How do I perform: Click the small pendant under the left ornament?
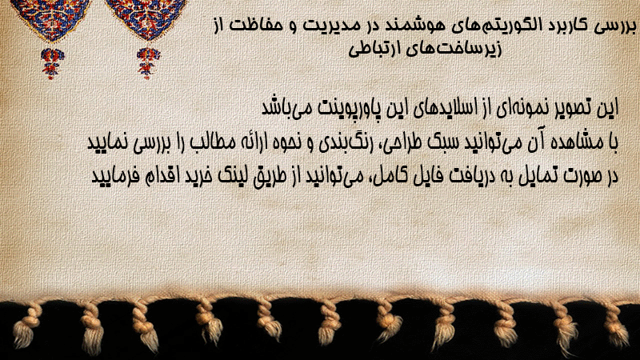[52, 63]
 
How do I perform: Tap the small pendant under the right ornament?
[148, 62]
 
